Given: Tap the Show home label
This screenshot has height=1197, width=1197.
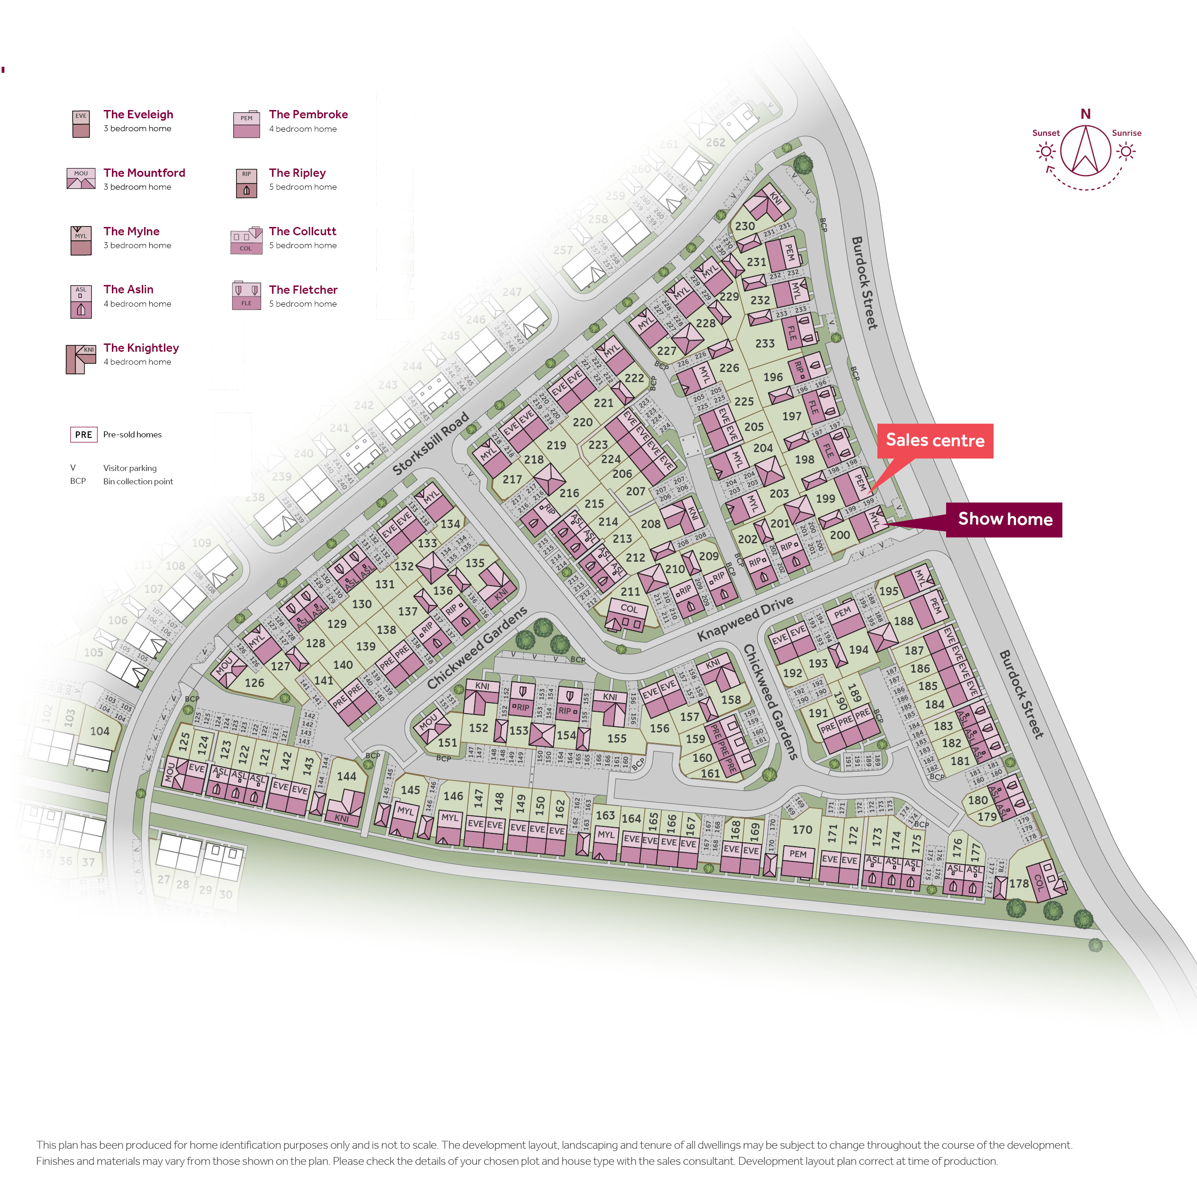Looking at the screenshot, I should tap(1004, 519).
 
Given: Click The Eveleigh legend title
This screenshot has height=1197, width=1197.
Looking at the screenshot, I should tap(138, 114).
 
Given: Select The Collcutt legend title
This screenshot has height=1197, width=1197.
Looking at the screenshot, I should tap(302, 231).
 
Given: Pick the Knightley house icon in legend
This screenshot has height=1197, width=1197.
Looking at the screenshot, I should tap(81, 360).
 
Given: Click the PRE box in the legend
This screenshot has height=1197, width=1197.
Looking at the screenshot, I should tap(84, 434).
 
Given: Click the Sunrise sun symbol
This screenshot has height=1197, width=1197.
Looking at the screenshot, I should tap(1126, 151).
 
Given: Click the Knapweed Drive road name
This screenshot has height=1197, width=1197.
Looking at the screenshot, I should tap(745, 618).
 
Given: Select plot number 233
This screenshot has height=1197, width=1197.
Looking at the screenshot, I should tap(765, 343).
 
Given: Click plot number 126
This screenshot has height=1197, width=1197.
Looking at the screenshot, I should tap(254, 683).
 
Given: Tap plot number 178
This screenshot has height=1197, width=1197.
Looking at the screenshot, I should tap(1018, 883).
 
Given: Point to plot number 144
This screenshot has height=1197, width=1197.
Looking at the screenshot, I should tap(346, 776).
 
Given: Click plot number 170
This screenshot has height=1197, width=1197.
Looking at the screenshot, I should tap(802, 830).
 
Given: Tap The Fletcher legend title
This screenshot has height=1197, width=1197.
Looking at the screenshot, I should tap(303, 289).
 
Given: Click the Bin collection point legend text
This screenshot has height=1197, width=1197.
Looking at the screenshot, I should tap(138, 482).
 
